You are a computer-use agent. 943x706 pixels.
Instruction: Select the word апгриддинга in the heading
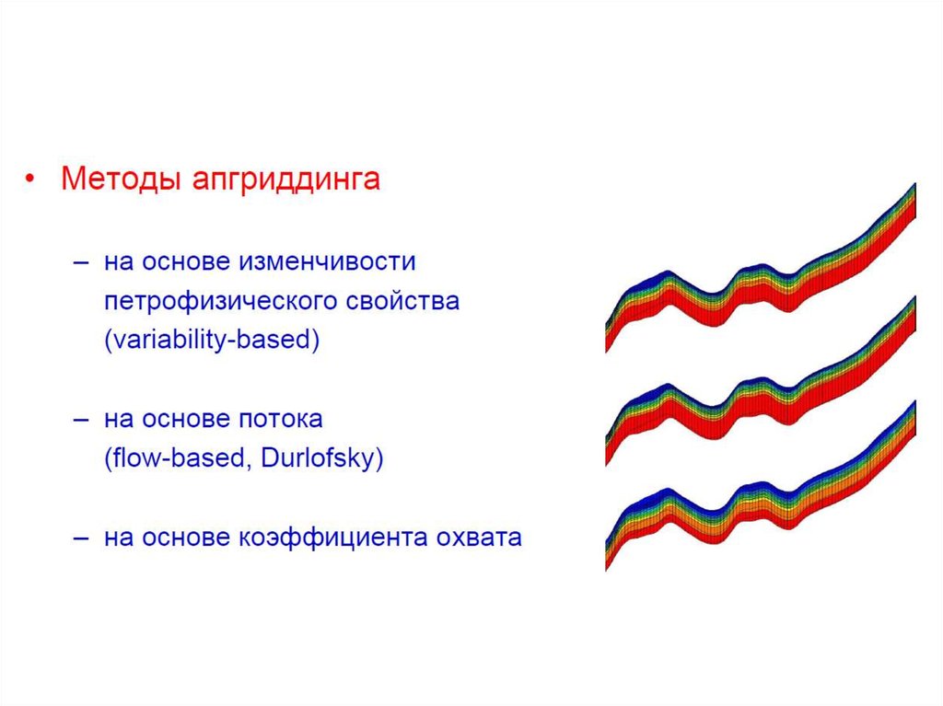[x=286, y=179]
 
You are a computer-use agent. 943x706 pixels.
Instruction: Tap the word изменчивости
[x=327, y=261]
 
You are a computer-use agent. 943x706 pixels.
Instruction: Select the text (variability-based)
[x=212, y=340]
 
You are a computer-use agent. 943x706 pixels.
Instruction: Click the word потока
[x=281, y=419]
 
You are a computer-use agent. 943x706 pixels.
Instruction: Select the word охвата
[x=479, y=538]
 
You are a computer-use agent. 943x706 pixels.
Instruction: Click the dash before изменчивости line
[x=81, y=262]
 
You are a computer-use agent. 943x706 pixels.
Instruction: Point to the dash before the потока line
[x=81, y=420]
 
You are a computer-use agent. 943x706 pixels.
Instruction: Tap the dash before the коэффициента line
[x=81, y=538]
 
